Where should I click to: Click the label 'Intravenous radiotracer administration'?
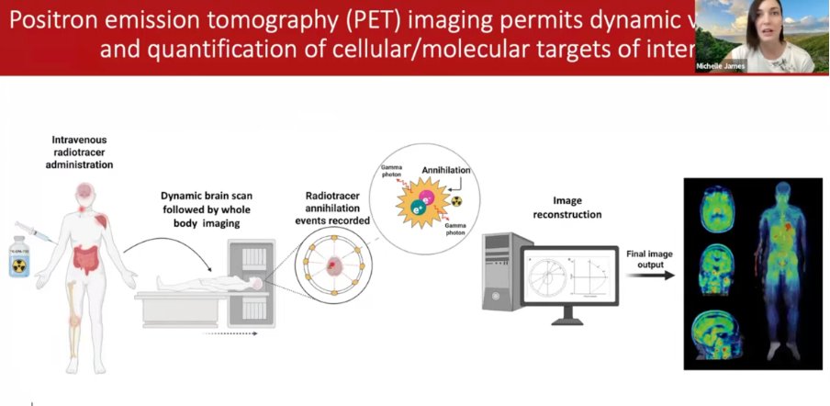tap(82, 152)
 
